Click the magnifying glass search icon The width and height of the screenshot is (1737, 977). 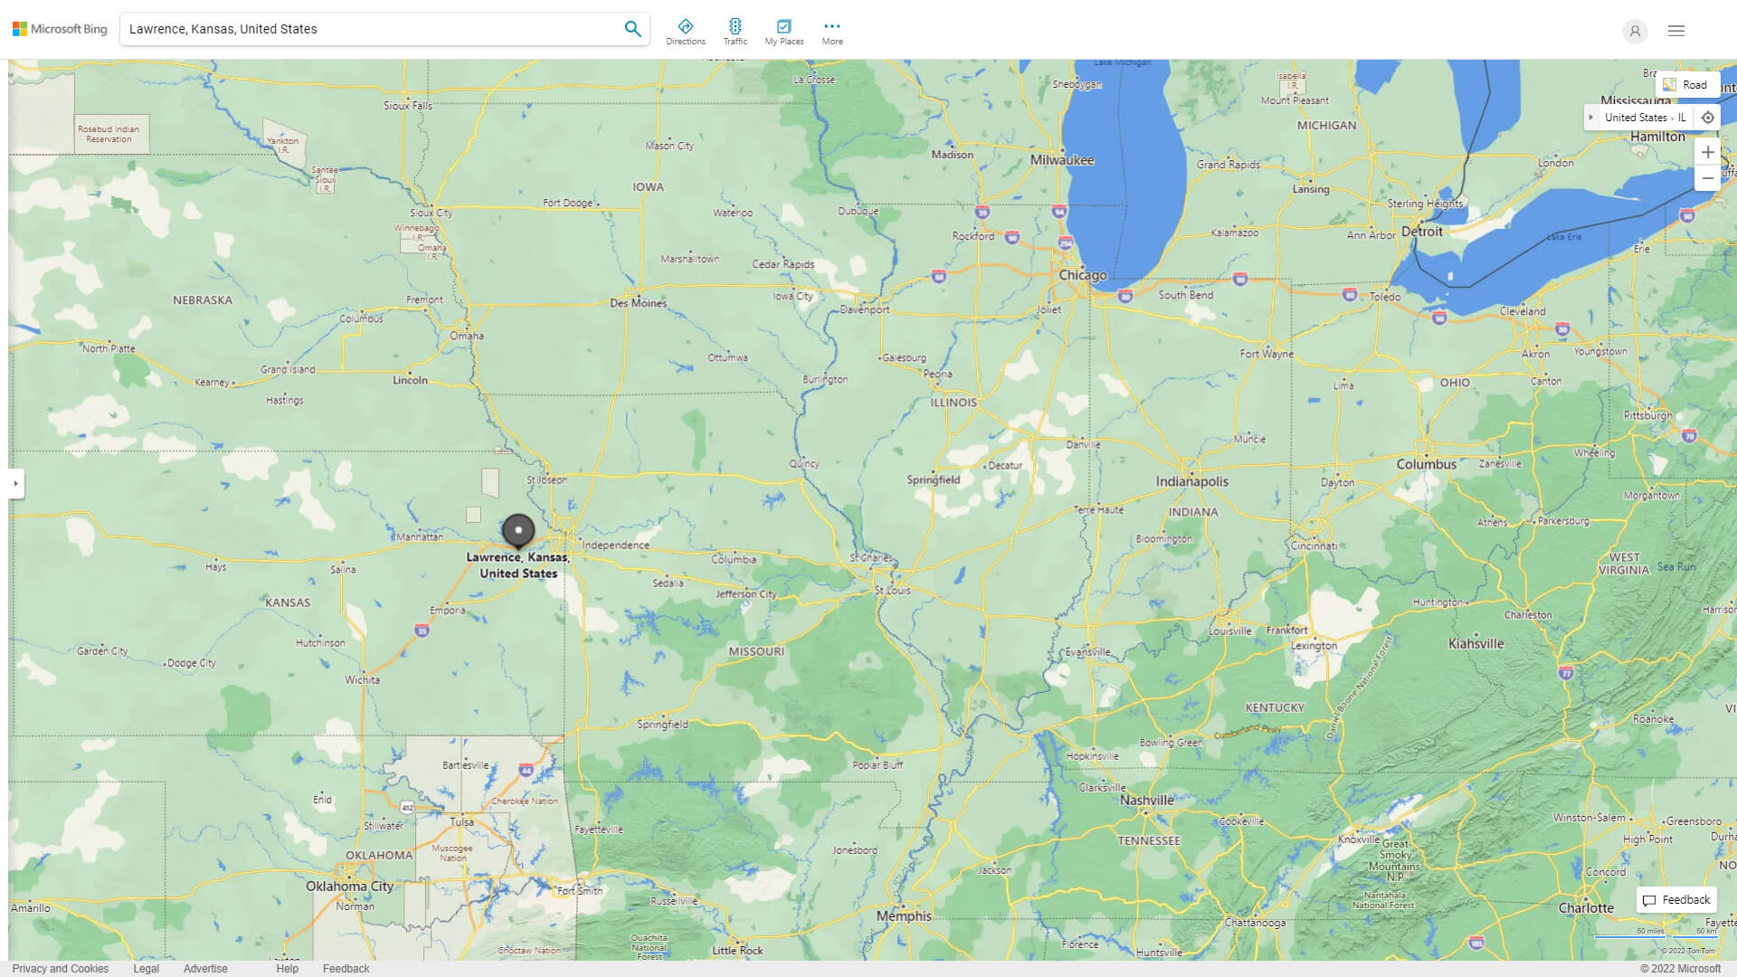coord(632,29)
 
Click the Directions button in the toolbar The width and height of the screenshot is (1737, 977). coord(685,32)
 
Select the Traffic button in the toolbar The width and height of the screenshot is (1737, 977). coord(735,32)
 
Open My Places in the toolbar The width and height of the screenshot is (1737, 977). coord(783,32)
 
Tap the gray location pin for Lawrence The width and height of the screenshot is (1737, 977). coord(518,530)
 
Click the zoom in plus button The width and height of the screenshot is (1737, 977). coord(1707,152)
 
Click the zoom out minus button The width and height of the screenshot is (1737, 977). coord(1707,178)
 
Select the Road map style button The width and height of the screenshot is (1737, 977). coord(1686,84)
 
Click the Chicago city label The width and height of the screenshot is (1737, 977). coord(1083,275)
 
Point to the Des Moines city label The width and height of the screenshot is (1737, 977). coord(638,303)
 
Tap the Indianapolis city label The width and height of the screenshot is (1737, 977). coord(1191,481)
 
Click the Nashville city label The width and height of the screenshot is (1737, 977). coord(1146,800)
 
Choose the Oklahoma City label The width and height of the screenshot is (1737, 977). coord(349,886)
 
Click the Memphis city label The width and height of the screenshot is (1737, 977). coord(903,915)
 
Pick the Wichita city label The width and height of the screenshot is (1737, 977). coord(362,679)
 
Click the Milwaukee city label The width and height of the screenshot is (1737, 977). coord(1062,160)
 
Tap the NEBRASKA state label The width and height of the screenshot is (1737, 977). coord(203,300)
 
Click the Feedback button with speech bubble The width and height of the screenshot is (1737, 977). coord(1676,899)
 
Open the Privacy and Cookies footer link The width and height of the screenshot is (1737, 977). coord(61,968)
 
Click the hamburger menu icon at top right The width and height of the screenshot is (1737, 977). coord(1676,31)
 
